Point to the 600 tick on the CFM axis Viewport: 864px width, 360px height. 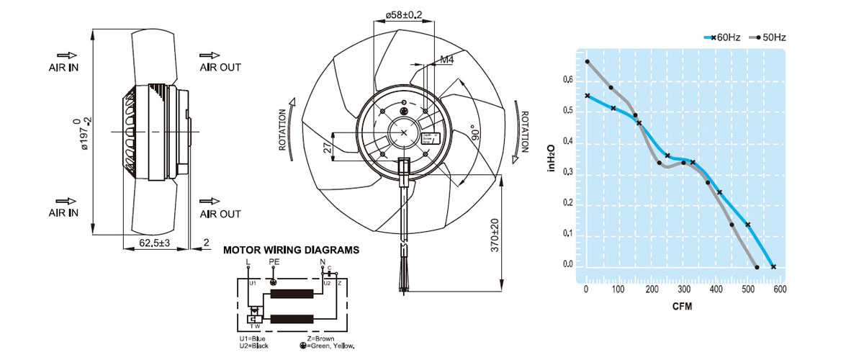click(x=779, y=289)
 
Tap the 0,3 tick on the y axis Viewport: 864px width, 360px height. click(x=568, y=172)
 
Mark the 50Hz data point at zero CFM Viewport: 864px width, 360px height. click(x=588, y=62)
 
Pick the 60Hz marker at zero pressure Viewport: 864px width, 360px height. click(x=773, y=267)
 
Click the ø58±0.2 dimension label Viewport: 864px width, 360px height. click(x=404, y=14)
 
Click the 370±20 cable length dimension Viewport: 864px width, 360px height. click(x=495, y=235)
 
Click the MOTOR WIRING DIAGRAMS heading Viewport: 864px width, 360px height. click(x=291, y=251)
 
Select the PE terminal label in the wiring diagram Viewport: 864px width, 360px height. click(x=273, y=262)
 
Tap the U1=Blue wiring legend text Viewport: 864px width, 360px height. click(x=253, y=338)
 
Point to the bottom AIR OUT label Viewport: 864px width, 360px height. click(x=220, y=214)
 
